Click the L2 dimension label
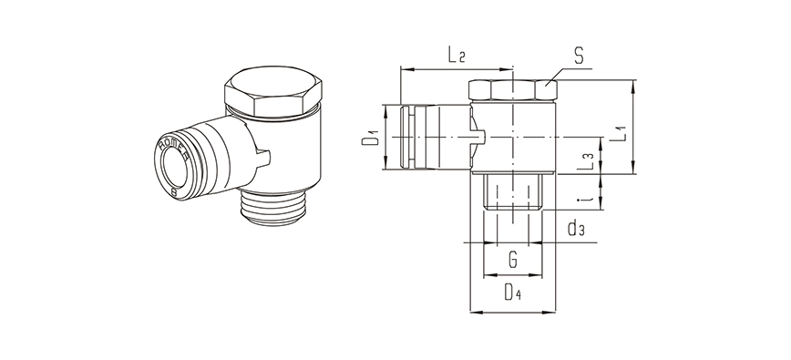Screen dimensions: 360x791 coord(457,56)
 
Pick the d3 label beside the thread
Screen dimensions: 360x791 coord(575,228)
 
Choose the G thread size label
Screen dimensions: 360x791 coord(513,261)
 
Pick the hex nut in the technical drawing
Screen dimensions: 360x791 coord(513,90)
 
